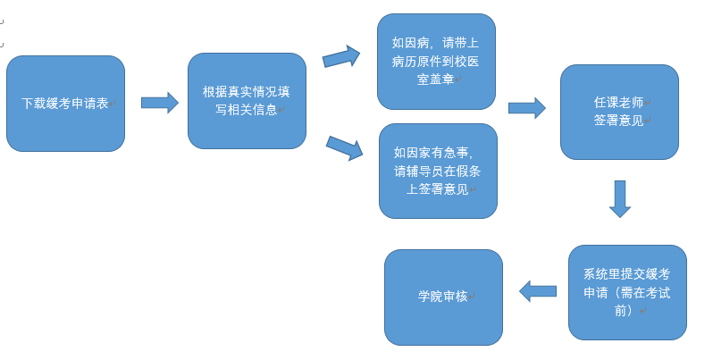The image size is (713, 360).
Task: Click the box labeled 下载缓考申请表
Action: tap(65, 104)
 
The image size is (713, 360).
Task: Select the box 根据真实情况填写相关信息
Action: tap(247, 101)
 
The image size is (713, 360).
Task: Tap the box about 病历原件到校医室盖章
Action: tap(436, 61)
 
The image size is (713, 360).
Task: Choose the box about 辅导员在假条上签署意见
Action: tap(438, 171)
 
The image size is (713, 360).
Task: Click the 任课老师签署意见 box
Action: tap(619, 112)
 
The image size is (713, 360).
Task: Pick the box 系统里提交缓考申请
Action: tap(627, 292)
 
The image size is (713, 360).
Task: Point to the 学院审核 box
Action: tap(443, 297)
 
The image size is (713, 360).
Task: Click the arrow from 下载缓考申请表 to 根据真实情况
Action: tap(159, 102)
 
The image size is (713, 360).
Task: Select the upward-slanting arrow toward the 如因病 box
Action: tap(341, 57)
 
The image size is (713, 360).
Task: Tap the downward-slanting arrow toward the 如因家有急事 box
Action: tap(344, 147)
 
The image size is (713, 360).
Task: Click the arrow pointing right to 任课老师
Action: tap(526, 108)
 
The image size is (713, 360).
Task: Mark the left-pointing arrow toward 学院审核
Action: tap(538, 291)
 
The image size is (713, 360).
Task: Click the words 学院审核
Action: tap(442, 297)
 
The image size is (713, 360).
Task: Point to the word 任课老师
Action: tap(618, 102)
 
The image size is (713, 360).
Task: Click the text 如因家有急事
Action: tap(432, 153)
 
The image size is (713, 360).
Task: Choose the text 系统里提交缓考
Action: tap(626, 273)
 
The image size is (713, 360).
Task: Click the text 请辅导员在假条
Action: tap(437, 171)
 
